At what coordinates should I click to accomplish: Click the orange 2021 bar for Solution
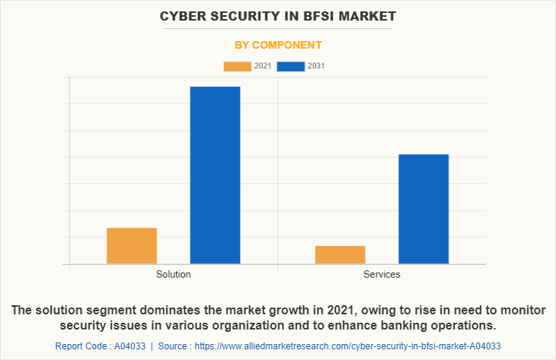(x=132, y=246)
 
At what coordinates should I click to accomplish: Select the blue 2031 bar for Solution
(x=215, y=175)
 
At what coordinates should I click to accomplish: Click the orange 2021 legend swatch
(x=237, y=66)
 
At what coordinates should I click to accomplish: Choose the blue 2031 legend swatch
(x=291, y=66)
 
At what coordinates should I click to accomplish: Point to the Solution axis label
(x=174, y=274)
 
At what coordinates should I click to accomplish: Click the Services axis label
(x=382, y=274)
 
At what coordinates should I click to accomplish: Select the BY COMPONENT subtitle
(x=278, y=45)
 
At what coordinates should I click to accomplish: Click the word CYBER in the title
(x=180, y=15)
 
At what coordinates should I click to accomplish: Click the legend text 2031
(x=316, y=66)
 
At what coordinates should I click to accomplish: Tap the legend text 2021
(x=263, y=66)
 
